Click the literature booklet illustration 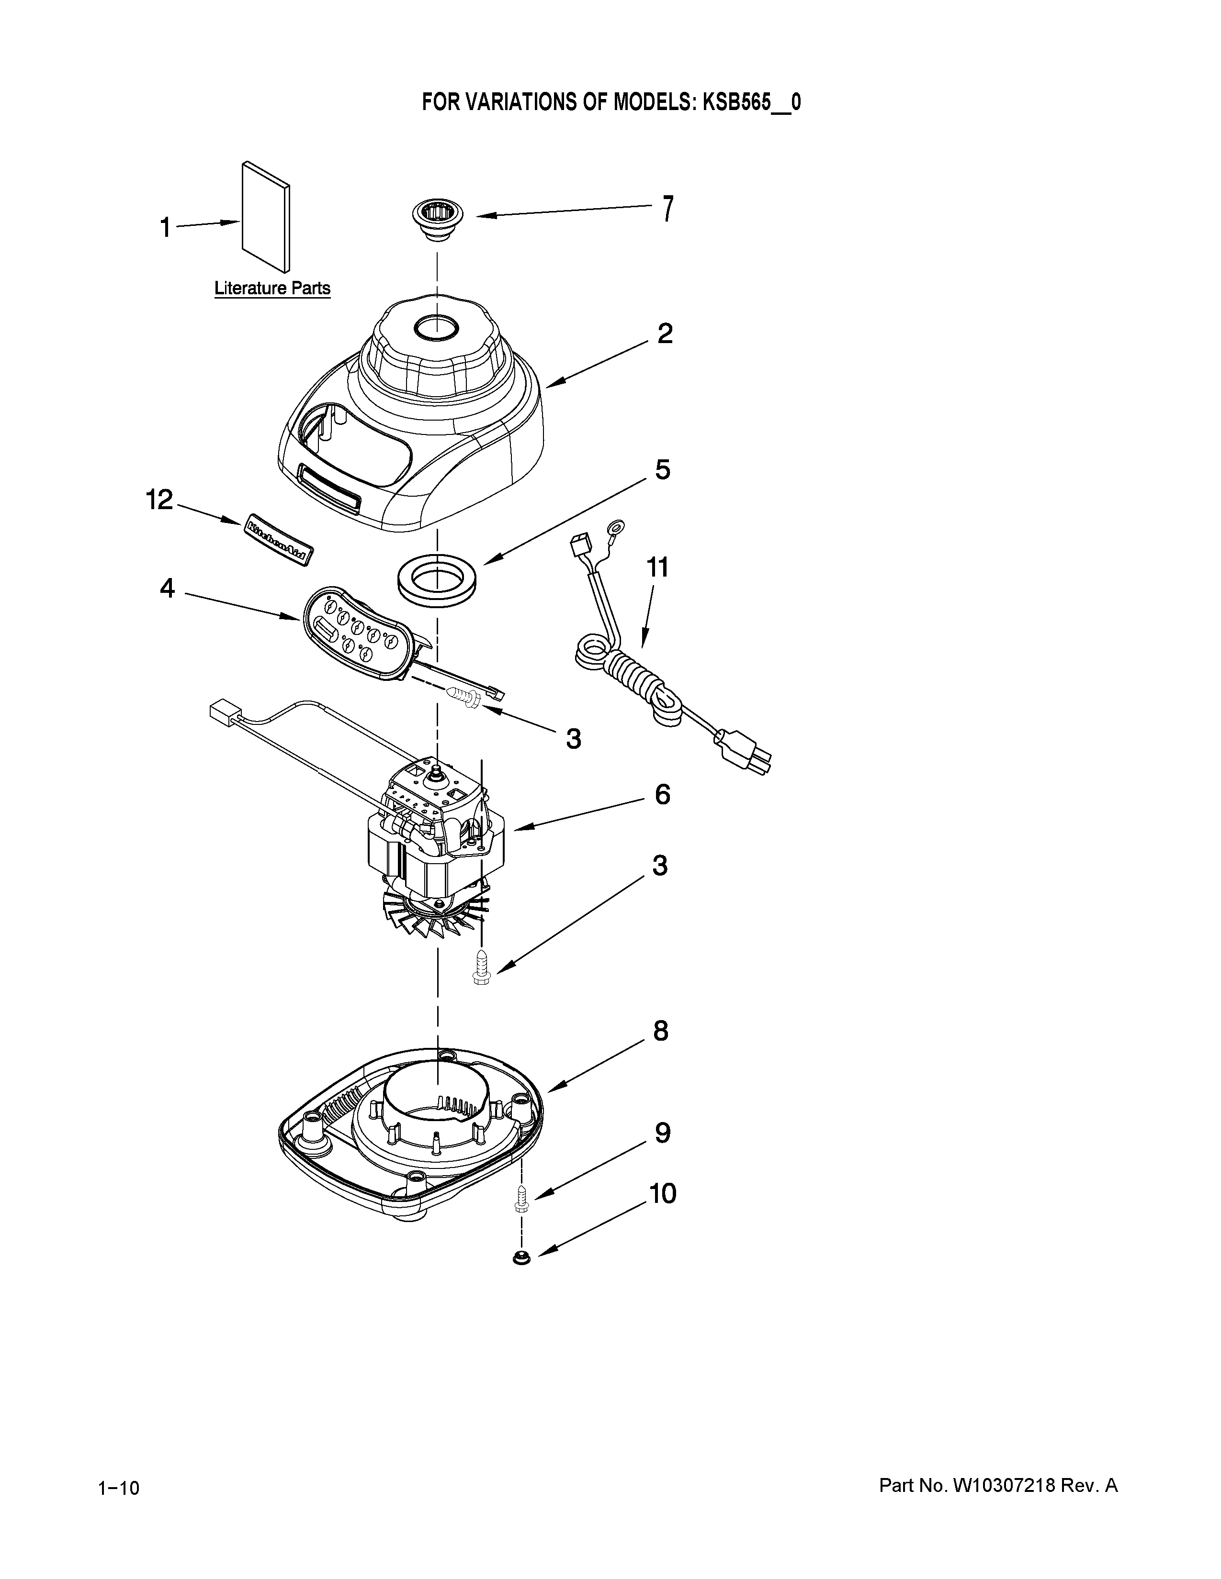click(x=266, y=216)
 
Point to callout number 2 click(x=664, y=334)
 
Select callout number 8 click(x=660, y=1031)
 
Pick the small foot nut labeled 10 click(x=520, y=1259)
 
